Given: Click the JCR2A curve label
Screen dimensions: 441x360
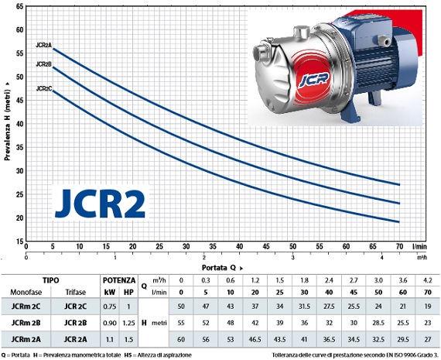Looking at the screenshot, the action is (44, 45).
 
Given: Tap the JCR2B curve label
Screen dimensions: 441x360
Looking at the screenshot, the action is (44, 64).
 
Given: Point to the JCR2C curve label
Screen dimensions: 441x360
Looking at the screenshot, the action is (44, 89).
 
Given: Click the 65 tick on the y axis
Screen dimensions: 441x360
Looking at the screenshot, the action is (20, 6).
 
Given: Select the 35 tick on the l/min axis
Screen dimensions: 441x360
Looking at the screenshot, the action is (213, 246).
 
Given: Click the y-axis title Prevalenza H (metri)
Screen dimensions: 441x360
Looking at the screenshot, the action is (7, 122).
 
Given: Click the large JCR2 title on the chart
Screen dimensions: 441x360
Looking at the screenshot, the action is (100, 204).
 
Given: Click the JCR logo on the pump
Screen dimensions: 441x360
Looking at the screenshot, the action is (313, 80).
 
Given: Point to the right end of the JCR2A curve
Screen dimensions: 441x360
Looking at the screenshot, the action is (399, 184).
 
